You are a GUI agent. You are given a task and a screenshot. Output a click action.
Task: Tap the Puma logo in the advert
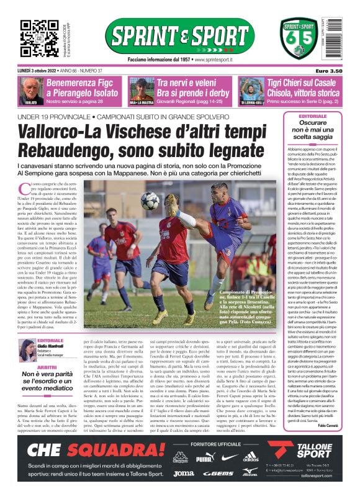[x=205, y=457]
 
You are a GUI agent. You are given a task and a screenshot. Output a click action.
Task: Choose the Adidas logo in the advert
[x=250, y=457]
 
